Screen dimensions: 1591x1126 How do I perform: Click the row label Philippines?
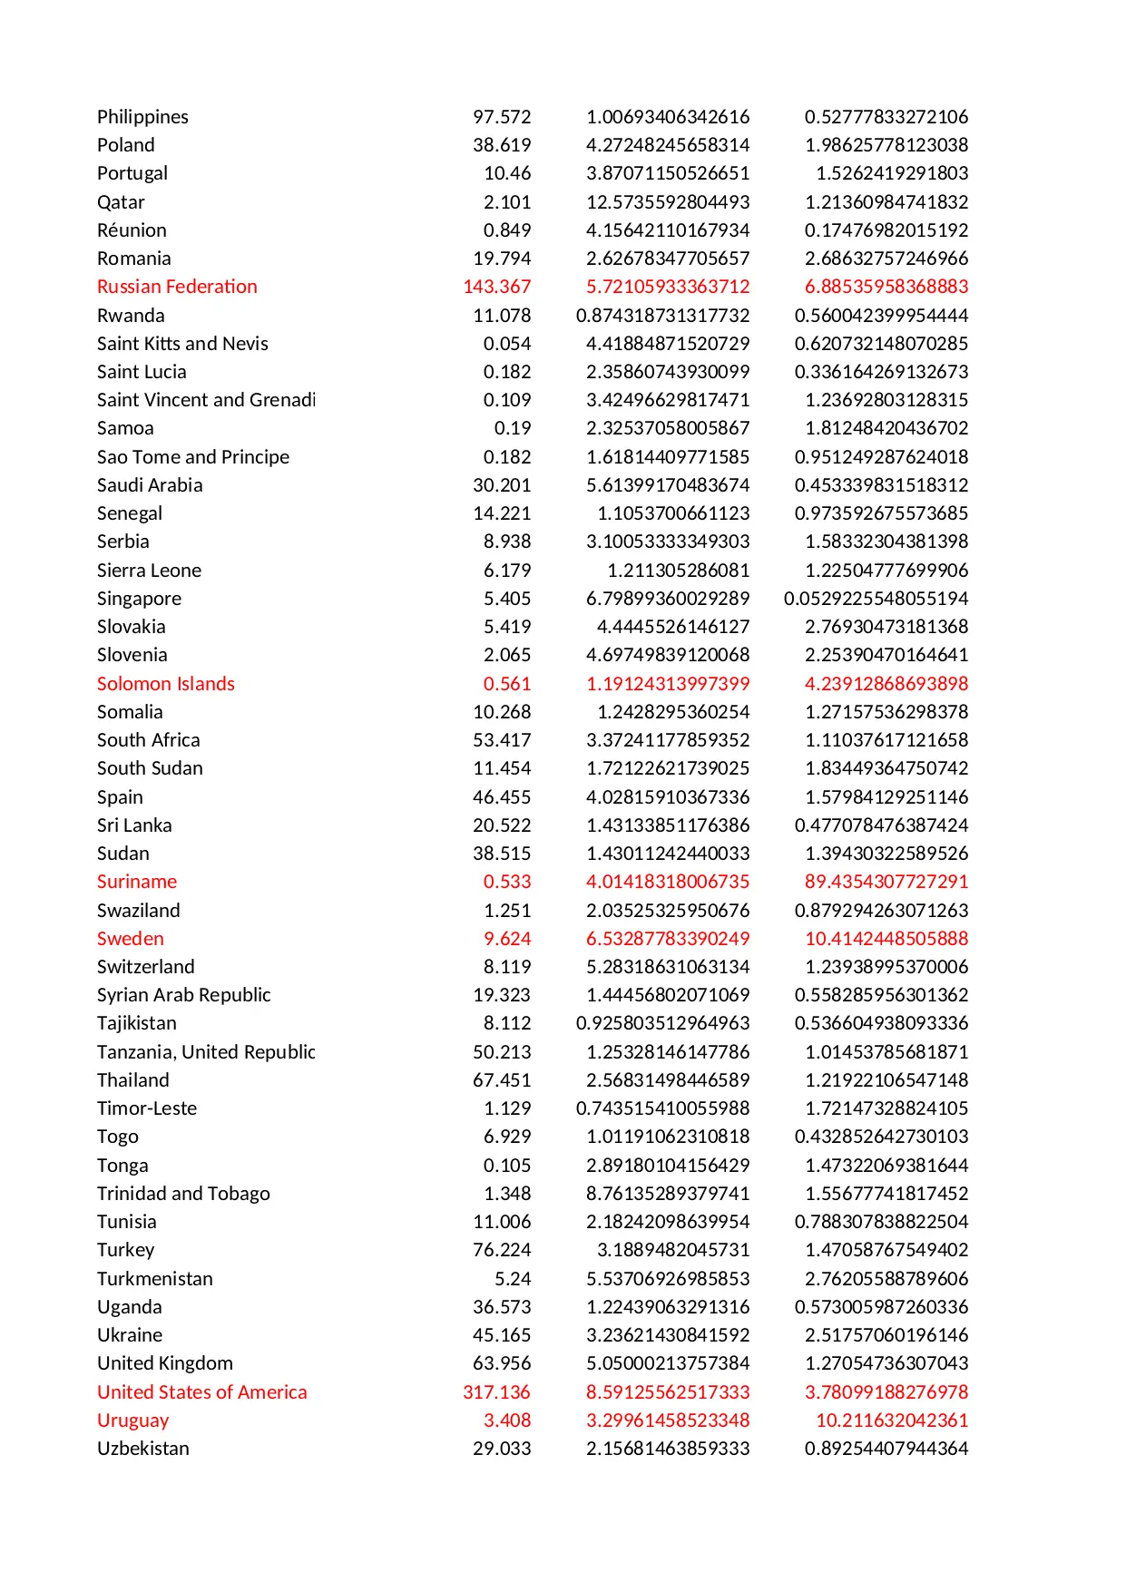pyautogui.click(x=142, y=117)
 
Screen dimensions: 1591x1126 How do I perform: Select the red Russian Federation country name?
pyautogui.click(x=177, y=287)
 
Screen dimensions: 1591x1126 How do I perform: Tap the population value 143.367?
pyautogui.click(x=496, y=287)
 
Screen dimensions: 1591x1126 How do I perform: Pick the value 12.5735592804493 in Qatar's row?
pyautogui.click(x=668, y=202)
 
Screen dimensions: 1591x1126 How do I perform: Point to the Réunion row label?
pyautogui.click(x=132, y=230)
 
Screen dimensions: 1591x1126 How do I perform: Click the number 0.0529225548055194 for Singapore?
pyautogui.click(x=876, y=599)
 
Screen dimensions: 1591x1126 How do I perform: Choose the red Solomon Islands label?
pyautogui.click(x=165, y=684)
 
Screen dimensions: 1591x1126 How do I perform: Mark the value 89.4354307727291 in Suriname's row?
pyautogui.click(x=886, y=882)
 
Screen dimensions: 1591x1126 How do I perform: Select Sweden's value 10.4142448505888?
pyautogui.click(x=886, y=939)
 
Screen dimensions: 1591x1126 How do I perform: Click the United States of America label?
pyautogui.click(x=201, y=1392)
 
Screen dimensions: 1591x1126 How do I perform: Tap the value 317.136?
pyautogui.click(x=496, y=1392)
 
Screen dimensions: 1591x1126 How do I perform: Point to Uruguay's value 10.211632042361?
pyautogui.click(x=891, y=1420)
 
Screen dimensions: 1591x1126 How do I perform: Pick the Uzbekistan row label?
pyautogui.click(x=142, y=1449)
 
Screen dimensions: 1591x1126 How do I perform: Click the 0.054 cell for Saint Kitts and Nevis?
pyautogui.click(x=507, y=344)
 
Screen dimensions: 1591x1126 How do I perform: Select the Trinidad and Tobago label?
pyautogui.click(x=183, y=1194)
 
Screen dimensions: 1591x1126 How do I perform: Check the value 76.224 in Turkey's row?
pyautogui.click(x=502, y=1250)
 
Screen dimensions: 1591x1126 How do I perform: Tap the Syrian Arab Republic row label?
pyautogui.click(x=183, y=995)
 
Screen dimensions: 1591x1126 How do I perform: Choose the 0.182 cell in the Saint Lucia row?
pyautogui.click(x=507, y=372)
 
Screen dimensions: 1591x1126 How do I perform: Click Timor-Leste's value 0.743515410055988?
pyautogui.click(x=662, y=1108)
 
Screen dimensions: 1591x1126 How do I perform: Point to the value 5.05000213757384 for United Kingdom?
pyautogui.click(x=668, y=1363)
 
